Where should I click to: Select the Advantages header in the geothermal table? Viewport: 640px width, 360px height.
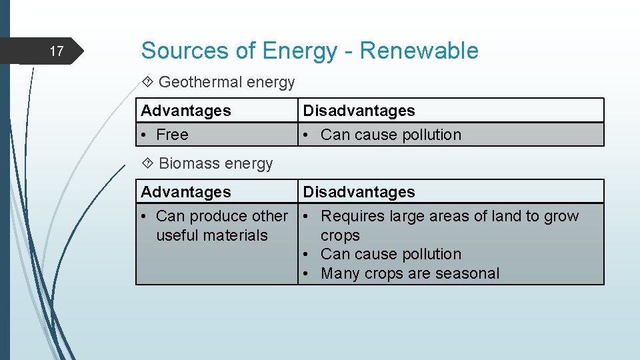(x=186, y=111)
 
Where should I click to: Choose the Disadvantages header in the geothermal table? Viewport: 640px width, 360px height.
(x=359, y=111)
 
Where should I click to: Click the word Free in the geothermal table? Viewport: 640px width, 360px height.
(x=172, y=135)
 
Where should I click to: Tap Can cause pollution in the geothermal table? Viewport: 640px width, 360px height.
(x=391, y=135)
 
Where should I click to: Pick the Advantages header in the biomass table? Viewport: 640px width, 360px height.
(x=186, y=192)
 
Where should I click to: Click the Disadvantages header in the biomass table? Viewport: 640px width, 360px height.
(x=359, y=192)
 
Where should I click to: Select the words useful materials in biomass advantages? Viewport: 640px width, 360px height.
(x=211, y=235)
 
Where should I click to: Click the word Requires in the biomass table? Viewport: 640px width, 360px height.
(x=350, y=216)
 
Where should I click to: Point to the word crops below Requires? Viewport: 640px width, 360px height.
(x=340, y=235)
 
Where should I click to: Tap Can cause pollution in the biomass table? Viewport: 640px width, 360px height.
(x=391, y=254)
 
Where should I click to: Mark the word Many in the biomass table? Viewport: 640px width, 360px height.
(x=340, y=273)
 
